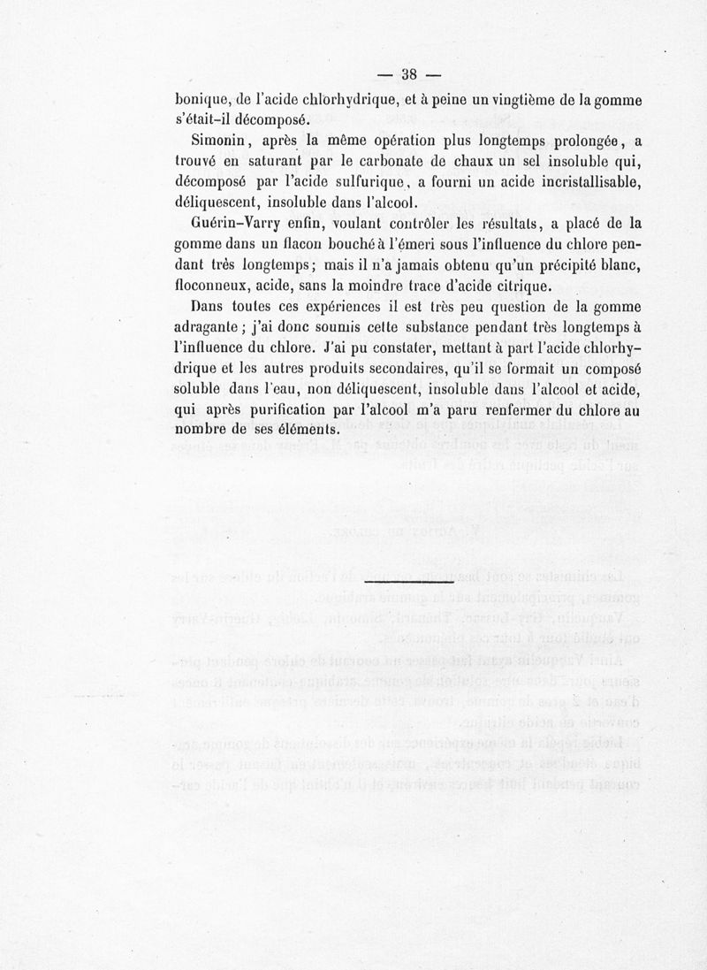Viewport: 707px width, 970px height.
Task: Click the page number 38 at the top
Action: click(409, 73)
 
